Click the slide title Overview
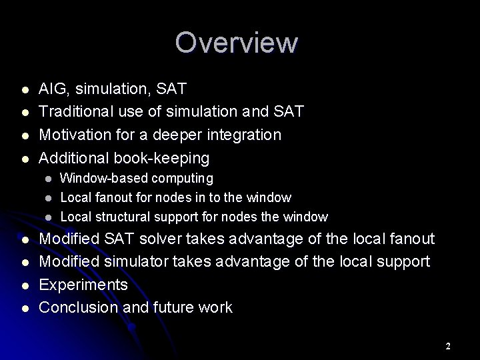(x=237, y=43)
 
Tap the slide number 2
(x=448, y=346)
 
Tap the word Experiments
(x=83, y=285)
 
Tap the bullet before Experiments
(x=25, y=286)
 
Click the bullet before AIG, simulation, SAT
(x=25, y=89)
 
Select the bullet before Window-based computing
(x=48, y=179)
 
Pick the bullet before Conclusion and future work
(x=25, y=309)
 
